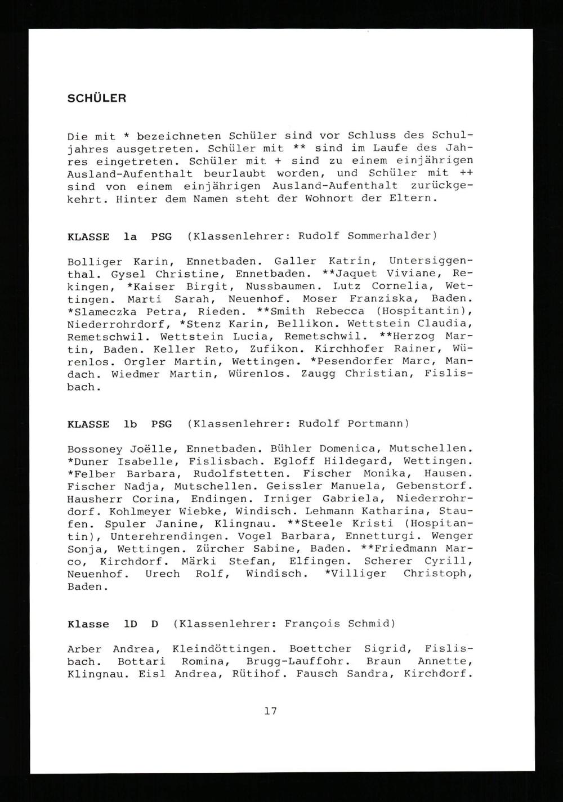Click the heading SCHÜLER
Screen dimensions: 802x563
pos(96,98)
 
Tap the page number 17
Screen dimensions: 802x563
pos(270,711)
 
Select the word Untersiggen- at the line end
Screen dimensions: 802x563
pos(430,262)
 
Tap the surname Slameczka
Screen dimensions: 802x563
pos(110,311)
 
